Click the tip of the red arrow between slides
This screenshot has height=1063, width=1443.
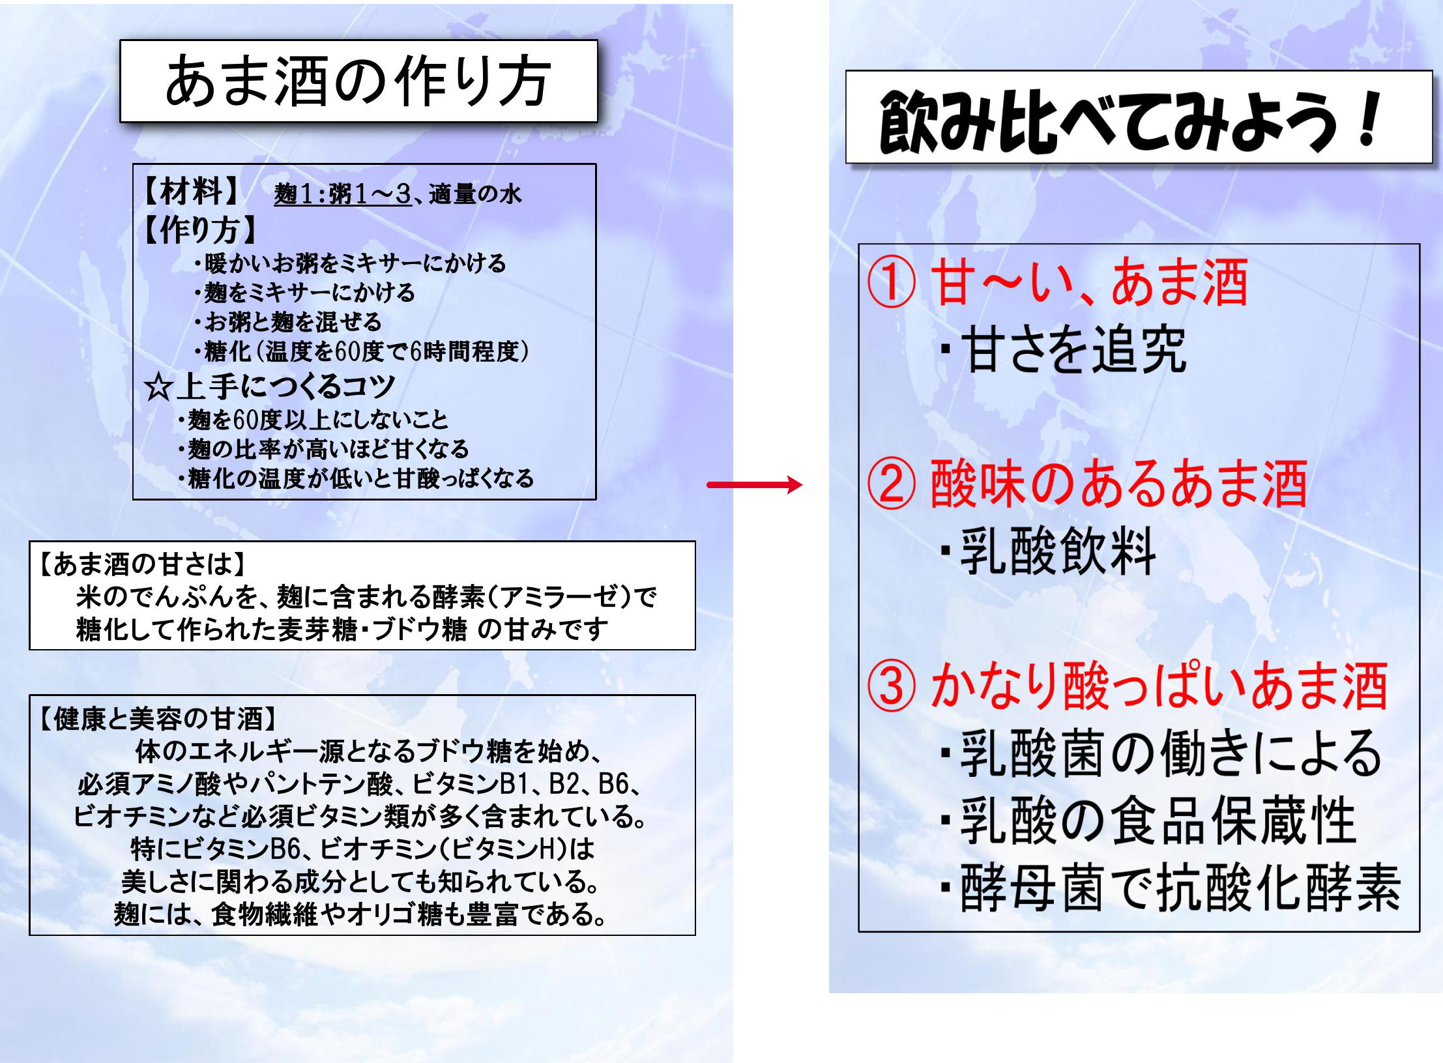802,484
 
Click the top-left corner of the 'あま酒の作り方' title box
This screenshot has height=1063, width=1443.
120,40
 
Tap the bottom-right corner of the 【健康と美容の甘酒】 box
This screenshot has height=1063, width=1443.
695,935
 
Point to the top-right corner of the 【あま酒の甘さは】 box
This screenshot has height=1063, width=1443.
695,541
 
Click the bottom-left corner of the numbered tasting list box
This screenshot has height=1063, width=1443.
858,931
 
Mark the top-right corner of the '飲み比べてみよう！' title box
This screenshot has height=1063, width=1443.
1433,70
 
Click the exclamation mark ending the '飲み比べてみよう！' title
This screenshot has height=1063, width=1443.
1368,119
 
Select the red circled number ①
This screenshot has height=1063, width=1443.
892,284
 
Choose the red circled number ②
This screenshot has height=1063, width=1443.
892,484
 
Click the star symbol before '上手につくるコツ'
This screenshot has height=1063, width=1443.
158,387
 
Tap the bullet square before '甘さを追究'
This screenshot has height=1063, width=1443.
945,350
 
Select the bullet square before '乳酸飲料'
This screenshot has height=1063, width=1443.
945,551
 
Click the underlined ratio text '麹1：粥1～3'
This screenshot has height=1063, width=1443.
343,194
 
